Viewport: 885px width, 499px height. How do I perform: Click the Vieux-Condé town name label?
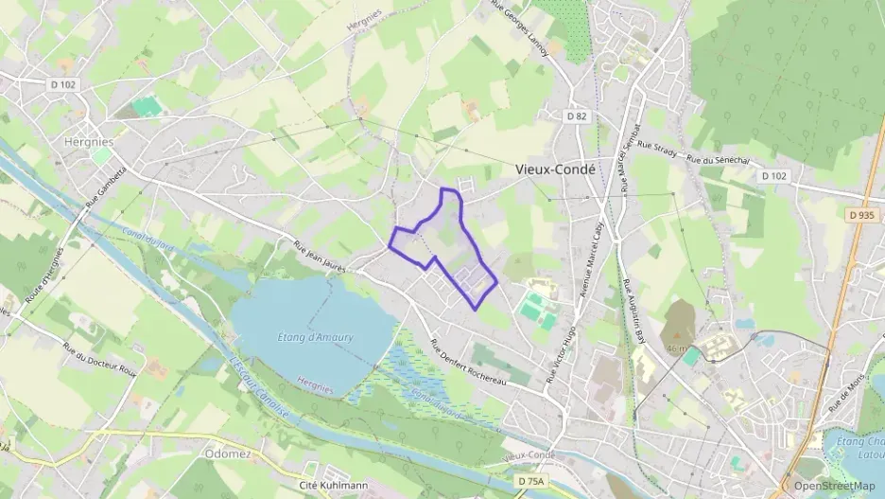click(x=556, y=169)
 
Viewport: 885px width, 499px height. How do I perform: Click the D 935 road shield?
click(x=860, y=215)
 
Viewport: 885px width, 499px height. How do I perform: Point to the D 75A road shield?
click(x=532, y=482)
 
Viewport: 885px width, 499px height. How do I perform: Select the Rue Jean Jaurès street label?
click(x=320, y=256)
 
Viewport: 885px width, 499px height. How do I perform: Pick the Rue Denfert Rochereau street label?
click(x=469, y=363)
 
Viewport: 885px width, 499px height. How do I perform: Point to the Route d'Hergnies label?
click(x=43, y=276)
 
